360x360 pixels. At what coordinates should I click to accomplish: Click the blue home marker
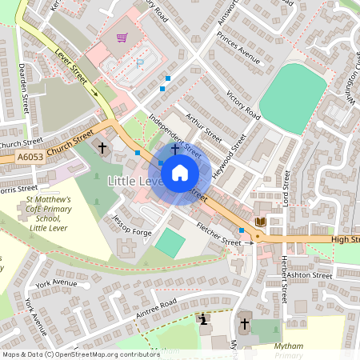(x=180, y=172)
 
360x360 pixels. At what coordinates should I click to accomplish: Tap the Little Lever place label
(x=135, y=182)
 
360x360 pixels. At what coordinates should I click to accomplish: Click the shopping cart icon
(x=122, y=37)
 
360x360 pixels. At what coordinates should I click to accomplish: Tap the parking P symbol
(x=142, y=62)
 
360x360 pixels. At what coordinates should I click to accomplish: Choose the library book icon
(x=260, y=221)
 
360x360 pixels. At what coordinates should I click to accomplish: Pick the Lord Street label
(x=286, y=187)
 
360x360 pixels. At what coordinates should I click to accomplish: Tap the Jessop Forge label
(x=131, y=227)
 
